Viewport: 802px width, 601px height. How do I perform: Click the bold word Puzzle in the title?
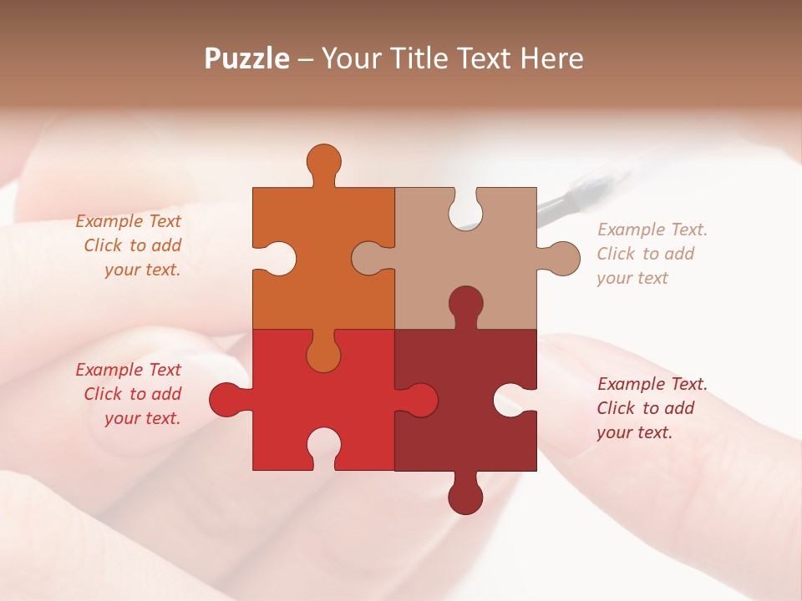(x=247, y=58)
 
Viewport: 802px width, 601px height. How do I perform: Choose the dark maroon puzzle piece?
(x=476, y=434)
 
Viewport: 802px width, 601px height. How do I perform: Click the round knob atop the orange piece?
(x=323, y=161)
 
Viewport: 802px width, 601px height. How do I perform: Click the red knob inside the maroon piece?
(x=421, y=400)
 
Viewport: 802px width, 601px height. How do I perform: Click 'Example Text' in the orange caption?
(x=128, y=221)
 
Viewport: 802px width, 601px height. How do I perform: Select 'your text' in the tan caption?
(x=632, y=278)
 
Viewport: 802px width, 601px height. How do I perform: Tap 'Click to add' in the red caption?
(x=132, y=394)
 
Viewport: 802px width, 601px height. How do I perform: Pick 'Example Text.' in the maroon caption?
(x=652, y=384)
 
